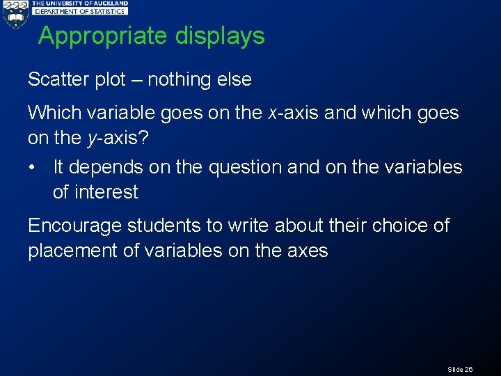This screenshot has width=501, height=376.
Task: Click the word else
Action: pos(234,79)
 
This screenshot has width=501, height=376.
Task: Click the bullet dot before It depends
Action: pos(34,167)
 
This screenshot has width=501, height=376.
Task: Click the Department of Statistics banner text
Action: pos(81,11)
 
